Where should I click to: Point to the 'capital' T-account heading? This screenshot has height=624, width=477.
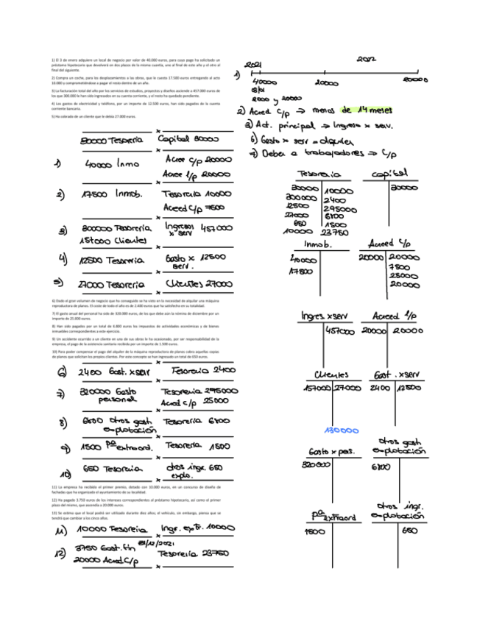click(395, 174)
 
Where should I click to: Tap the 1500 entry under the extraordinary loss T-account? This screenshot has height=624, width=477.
click(314, 531)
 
